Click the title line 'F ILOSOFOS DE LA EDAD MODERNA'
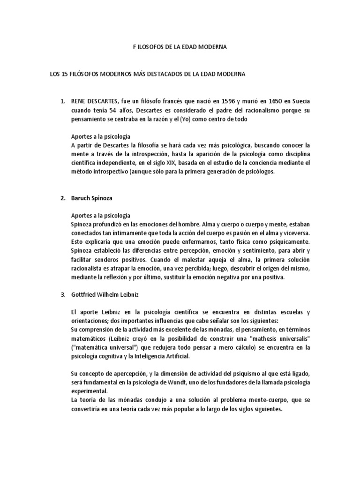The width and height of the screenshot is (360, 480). coord(180,48)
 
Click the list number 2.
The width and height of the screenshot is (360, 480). coord(62,198)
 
